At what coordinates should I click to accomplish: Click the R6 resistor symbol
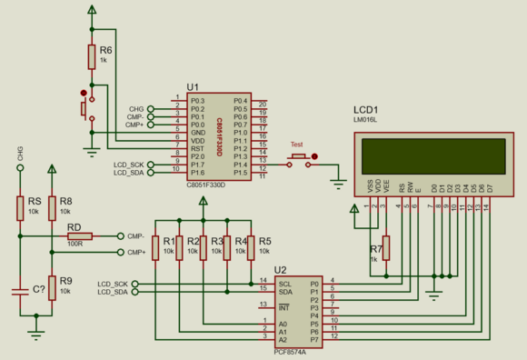tap(92, 56)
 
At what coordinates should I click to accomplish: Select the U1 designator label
tap(193, 87)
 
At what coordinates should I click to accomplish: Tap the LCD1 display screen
tap(433, 155)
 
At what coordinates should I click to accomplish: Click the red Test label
tap(296, 145)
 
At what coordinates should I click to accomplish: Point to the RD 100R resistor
tap(75, 237)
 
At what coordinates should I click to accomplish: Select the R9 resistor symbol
tap(53, 287)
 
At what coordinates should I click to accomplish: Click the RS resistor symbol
tap(19, 208)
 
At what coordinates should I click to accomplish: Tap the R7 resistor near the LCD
tap(386, 247)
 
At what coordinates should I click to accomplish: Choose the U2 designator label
tap(280, 270)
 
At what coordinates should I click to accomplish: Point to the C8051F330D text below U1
tap(205, 185)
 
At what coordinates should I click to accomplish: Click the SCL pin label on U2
tap(284, 282)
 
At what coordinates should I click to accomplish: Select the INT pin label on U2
tap(283, 306)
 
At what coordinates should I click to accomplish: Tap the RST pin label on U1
tap(196, 149)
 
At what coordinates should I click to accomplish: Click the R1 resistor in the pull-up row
tap(156, 246)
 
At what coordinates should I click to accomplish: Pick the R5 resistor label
tap(264, 241)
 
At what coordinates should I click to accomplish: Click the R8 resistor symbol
tap(53, 208)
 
